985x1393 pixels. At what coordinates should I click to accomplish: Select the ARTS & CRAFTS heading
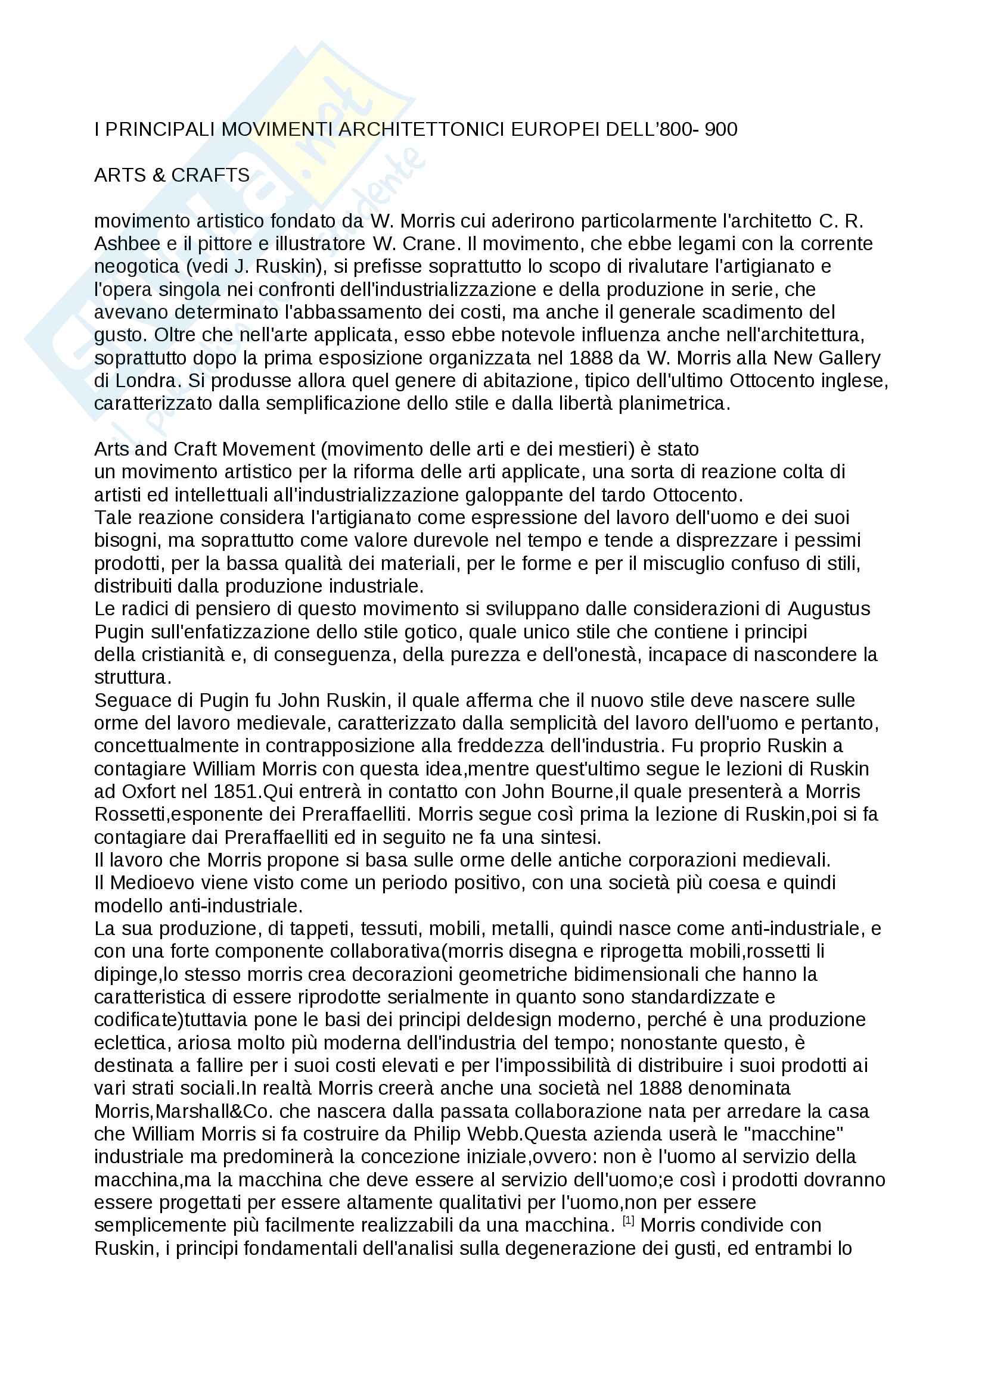[172, 175]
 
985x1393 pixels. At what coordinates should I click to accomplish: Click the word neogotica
[136, 267]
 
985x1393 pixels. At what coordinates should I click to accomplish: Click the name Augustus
[829, 609]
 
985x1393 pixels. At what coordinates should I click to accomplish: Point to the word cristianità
[193, 655]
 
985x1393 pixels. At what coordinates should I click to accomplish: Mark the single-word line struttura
[133, 678]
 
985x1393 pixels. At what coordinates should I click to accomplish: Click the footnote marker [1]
[628, 1221]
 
